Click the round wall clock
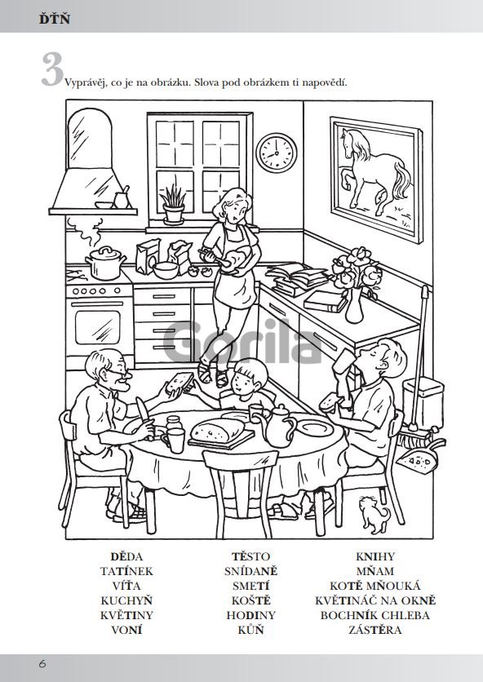pos(277,153)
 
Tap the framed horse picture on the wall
pos(376,179)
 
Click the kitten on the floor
pos(374,514)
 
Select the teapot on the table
pos(277,425)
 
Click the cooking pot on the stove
pos(106,263)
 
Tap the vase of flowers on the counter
pos(357,284)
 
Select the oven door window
pos(97,327)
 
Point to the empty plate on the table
pos(314,429)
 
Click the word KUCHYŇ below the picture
pos(126,600)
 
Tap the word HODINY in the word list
pos(251,615)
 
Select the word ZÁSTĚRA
pos(375,630)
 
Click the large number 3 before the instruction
pos(53,69)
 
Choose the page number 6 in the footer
pos(42,664)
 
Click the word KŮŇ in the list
pos(251,630)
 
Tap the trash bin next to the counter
pos(423,401)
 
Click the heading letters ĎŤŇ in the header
pos(55,19)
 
